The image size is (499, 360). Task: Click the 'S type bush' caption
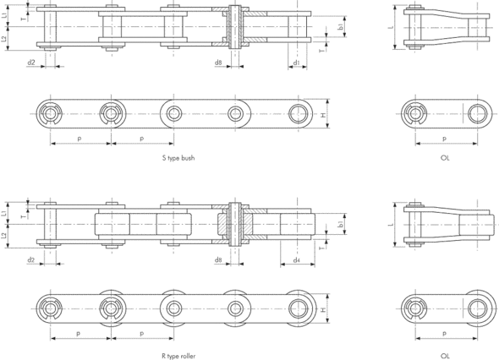point(178,158)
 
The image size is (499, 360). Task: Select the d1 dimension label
point(296,63)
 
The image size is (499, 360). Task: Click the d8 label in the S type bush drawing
point(218,63)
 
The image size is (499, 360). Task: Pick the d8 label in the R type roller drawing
point(218,260)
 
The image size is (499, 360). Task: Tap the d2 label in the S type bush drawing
point(31,63)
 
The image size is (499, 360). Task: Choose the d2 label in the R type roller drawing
point(31,260)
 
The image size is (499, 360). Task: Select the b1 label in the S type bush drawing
point(340,27)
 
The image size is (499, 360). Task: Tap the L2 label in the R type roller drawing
point(5,236)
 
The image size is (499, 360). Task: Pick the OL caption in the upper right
point(445,158)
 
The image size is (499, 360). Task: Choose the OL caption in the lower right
point(445,357)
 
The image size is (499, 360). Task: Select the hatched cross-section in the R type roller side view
point(236,224)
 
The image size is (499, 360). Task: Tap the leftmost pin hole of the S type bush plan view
point(52,113)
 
